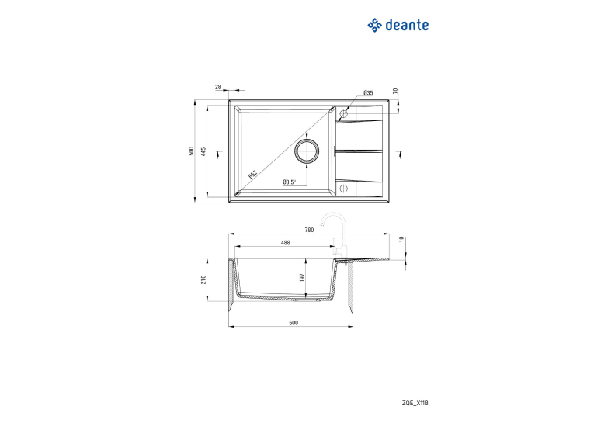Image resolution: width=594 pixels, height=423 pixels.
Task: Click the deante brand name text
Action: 407,25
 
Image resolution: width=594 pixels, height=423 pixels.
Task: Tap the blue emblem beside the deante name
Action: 374,25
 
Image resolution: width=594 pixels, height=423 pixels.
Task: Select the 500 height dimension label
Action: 191,151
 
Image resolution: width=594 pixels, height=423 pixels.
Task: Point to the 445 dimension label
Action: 203,152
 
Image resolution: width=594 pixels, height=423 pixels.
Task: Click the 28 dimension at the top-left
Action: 218,87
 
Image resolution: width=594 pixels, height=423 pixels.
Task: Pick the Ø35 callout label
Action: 368,93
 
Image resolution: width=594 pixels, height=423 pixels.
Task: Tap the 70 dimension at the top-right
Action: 395,91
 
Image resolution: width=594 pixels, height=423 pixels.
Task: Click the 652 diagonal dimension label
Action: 252,174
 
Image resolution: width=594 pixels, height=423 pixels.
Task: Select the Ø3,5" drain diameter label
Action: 289,182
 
